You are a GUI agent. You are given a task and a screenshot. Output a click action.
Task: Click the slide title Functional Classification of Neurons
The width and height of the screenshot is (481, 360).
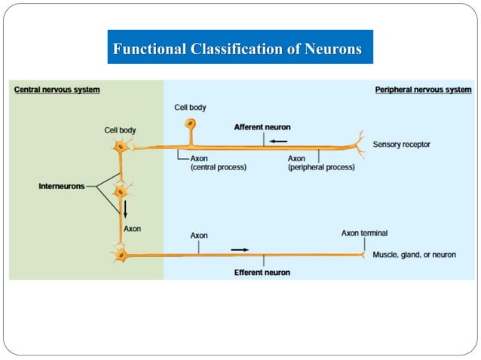point(237,50)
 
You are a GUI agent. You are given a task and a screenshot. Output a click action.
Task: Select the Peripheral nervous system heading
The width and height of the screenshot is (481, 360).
point(423,90)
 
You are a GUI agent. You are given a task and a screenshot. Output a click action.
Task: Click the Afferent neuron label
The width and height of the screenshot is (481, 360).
point(262,127)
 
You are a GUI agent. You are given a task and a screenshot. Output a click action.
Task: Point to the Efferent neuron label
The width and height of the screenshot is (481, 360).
point(262,272)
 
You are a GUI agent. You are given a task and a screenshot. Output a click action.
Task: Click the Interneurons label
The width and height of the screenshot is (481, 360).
point(62,186)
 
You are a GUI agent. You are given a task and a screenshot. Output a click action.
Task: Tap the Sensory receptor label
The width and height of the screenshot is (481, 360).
point(402,144)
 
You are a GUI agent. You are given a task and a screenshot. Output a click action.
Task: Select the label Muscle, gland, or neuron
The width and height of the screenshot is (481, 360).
point(414,255)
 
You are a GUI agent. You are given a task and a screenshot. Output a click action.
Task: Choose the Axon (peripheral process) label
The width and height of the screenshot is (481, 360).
point(320,163)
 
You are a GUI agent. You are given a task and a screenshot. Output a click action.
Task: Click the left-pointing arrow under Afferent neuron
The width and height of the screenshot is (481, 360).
point(279,140)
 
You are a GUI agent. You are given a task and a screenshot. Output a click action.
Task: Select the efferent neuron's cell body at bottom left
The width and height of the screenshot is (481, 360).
point(121,256)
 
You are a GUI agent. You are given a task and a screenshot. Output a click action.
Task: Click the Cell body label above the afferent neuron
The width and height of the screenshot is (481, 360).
point(190,108)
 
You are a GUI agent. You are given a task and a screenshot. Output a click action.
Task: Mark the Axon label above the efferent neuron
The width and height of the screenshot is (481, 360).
point(199,236)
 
